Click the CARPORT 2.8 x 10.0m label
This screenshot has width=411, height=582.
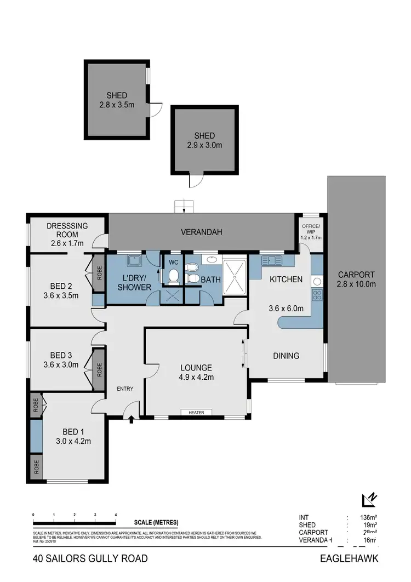356,279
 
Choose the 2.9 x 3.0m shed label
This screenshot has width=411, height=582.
204,140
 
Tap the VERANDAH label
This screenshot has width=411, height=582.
202,232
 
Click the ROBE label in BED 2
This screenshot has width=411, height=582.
99,272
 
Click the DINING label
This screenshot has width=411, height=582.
286,356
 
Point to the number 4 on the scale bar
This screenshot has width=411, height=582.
116,515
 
